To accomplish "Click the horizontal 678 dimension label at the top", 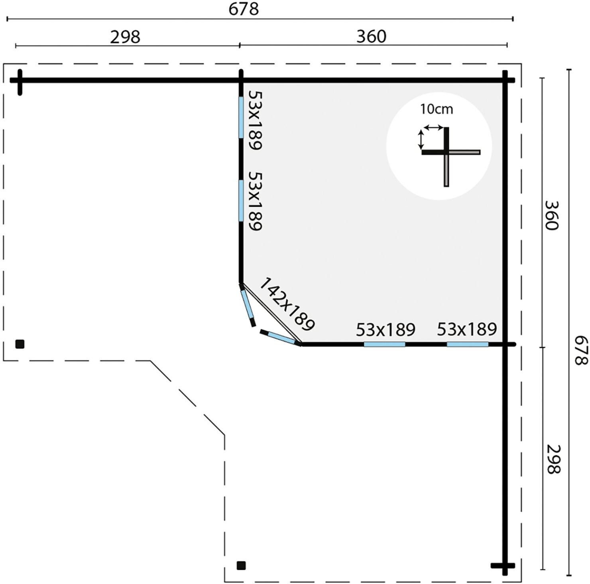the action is tap(244, 9).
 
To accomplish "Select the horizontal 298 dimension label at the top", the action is tap(125, 37).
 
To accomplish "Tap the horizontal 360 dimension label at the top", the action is tap(371, 36).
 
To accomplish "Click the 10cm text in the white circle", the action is tap(436, 109).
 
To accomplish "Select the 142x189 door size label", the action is tap(287, 305).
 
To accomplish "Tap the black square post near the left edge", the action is tap(20, 344).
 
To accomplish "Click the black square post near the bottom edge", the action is tap(241, 565).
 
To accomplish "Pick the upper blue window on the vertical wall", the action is tap(241, 117).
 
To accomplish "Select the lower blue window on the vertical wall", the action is tap(241, 200).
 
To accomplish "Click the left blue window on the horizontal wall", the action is tap(384, 344).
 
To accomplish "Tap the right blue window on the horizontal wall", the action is tap(467, 344).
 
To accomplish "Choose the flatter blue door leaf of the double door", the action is tap(281, 337).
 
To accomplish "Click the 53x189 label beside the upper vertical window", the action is tap(255, 120).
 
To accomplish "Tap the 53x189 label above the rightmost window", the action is tap(467, 329).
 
